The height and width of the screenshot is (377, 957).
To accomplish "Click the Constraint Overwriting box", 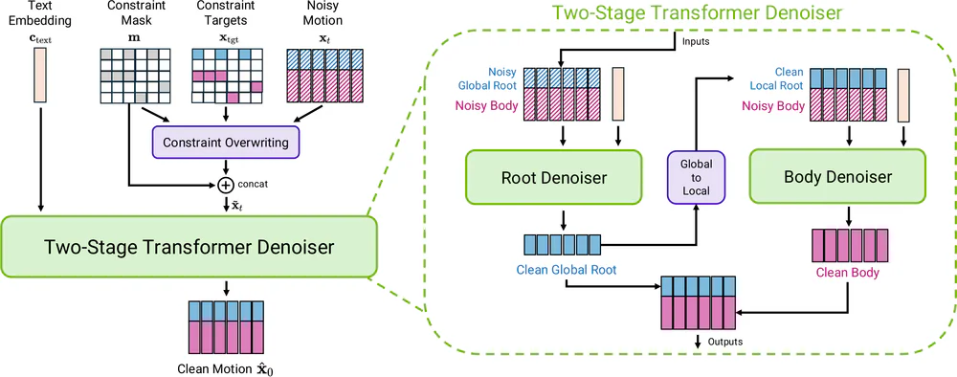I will click(x=225, y=144).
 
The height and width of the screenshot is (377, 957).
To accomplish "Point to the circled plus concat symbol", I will click(x=226, y=185).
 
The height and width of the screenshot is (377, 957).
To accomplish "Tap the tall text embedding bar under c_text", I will click(x=39, y=76).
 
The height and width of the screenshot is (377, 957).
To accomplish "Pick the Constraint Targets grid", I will click(x=226, y=75).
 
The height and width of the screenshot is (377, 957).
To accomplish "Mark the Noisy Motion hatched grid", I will click(x=319, y=75).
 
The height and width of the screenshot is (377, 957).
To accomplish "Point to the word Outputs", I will click(x=723, y=342).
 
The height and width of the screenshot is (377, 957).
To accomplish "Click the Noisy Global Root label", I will click(x=496, y=78).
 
